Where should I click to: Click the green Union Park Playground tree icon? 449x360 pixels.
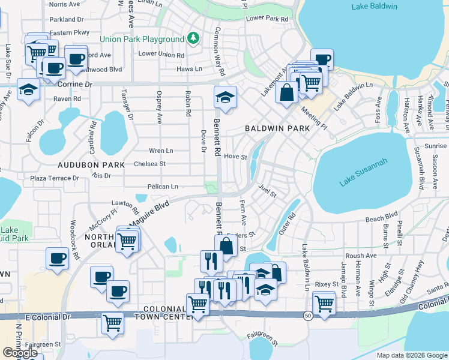(x=193, y=39)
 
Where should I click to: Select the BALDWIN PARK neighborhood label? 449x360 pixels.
(x=277, y=128)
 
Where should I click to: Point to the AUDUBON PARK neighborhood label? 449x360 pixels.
(x=91, y=164)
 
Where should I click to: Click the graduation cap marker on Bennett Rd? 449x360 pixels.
(x=225, y=97)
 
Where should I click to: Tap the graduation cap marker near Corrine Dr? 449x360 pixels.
(x=28, y=89)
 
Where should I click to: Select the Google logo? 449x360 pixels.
(x=20, y=353)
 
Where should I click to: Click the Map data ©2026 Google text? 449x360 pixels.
(x=412, y=355)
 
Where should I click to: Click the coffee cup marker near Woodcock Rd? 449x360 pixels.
(x=58, y=258)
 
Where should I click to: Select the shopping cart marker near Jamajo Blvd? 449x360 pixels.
(x=324, y=302)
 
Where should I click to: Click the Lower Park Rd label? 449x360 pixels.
(x=267, y=19)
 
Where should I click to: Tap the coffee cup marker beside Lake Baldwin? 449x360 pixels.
(x=322, y=59)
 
